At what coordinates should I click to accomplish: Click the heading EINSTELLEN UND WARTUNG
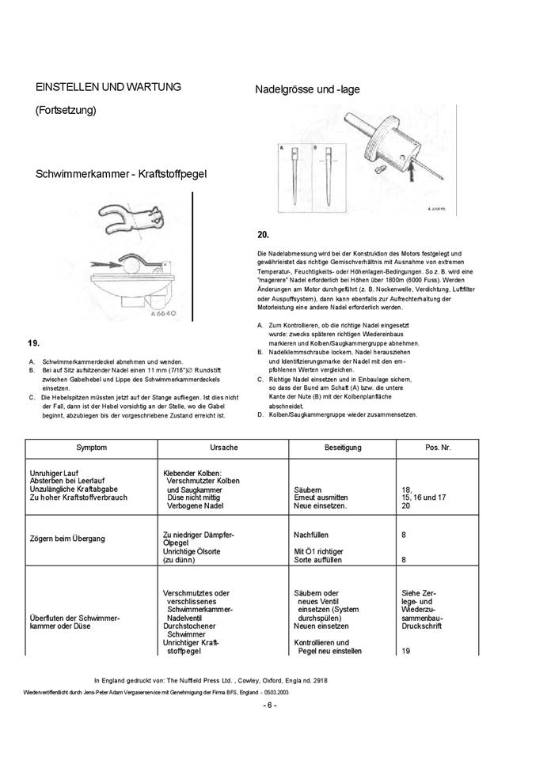108,86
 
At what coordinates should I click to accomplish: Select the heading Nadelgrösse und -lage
307,89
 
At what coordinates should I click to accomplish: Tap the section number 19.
34,342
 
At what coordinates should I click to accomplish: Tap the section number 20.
264,235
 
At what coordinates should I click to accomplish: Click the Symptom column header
91,448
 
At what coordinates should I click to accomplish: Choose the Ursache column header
224,448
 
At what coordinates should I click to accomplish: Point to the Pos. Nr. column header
438,448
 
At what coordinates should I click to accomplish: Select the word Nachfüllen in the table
310,535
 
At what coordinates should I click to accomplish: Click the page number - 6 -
270,705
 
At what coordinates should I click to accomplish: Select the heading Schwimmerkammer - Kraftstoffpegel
121,174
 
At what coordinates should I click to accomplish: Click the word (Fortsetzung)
66,111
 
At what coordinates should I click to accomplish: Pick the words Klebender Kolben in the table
190,473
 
